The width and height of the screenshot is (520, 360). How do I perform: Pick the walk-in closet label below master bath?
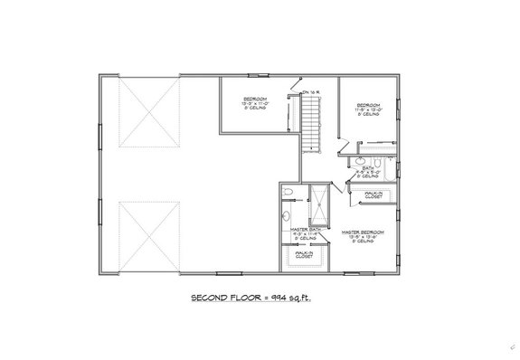(304, 256)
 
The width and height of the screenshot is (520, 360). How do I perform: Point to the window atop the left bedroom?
(256, 76)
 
